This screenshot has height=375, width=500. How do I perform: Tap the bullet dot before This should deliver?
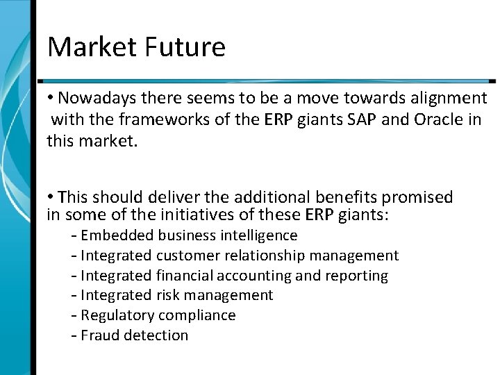click(51, 197)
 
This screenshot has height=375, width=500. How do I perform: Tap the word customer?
click(189, 256)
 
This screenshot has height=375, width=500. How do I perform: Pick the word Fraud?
click(100, 335)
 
